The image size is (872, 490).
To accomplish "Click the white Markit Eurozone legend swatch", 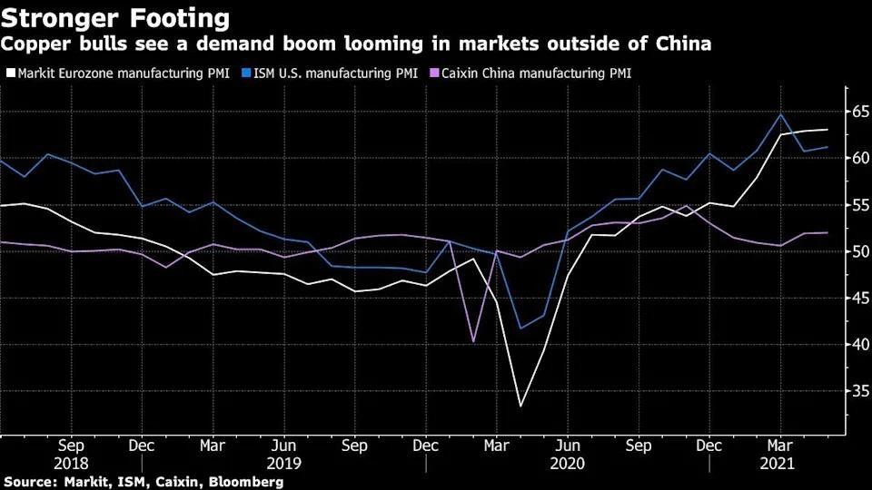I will pos(10,73).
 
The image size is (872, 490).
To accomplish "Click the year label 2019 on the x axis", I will pos(284,462).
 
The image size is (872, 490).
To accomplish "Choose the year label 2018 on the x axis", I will pos(71,462).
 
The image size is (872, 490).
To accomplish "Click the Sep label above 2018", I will pos(71,446).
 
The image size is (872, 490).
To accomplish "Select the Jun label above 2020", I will pos(568,446).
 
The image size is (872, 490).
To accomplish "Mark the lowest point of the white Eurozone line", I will pos(520,406).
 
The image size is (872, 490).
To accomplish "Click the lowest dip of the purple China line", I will pos(473,341).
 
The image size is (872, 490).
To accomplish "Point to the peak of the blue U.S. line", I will pos(780,114).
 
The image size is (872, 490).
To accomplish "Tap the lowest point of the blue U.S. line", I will pos(520,328).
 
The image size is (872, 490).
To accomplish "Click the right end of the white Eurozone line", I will pos(827,130).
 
